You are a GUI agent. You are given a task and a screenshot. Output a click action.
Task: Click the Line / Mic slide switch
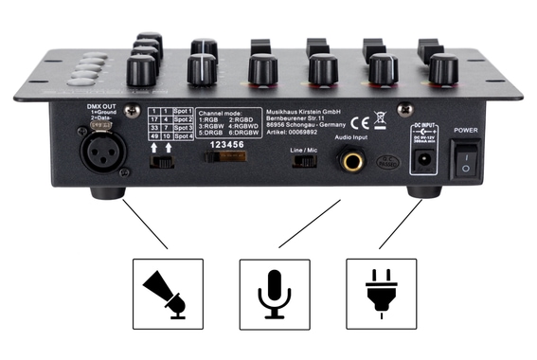[306, 161]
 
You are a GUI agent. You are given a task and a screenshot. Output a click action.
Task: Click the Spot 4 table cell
[184, 136]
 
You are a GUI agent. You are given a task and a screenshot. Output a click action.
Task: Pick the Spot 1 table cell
[184, 112]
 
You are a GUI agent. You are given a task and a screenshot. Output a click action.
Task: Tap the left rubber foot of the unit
[106, 190]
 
